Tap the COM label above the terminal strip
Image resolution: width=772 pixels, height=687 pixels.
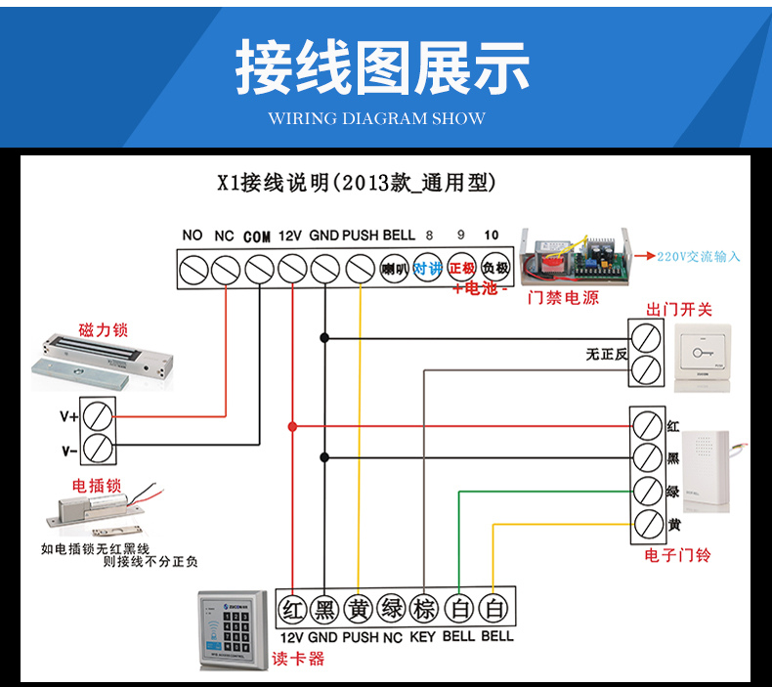click(256, 236)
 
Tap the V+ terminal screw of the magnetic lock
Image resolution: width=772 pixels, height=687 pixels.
click(97, 415)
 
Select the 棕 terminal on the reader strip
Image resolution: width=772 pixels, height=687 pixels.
click(424, 609)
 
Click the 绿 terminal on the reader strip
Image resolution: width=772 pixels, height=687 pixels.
click(391, 609)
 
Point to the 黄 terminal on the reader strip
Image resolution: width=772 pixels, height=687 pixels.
click(358, 609)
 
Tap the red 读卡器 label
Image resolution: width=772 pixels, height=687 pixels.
click(299, 659)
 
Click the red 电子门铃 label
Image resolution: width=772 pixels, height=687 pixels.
click(677, 555)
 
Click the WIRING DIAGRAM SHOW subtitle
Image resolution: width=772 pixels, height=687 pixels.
click(376, 118)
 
